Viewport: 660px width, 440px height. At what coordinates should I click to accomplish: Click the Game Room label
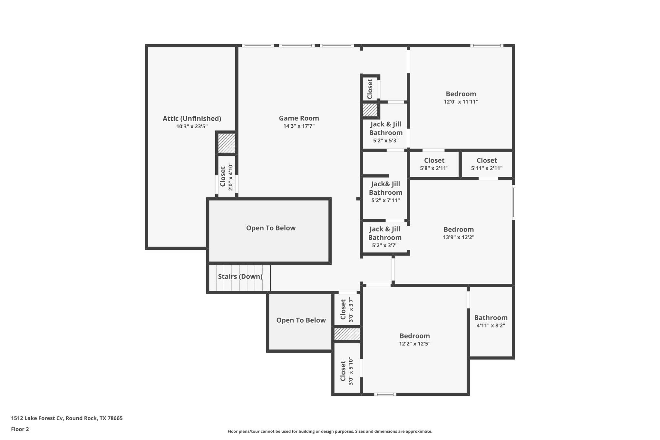pos(299,118)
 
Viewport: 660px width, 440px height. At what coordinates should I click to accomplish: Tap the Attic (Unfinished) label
pos(192,119)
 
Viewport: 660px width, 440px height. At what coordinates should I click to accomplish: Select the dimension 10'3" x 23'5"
pos(192,127)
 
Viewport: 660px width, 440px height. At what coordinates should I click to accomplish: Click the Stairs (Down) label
pos(240,277)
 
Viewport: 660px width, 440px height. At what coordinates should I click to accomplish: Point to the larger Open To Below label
pos(271,228)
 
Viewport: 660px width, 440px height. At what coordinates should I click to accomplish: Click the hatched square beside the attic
pos(227,143)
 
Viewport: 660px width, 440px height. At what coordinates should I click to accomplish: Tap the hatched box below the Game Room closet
pos(370,110)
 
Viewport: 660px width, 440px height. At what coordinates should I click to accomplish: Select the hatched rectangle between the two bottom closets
pos(347,334)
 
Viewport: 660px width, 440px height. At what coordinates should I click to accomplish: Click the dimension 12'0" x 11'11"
pos(461,102)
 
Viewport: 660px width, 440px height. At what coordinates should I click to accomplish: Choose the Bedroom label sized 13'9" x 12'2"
pos(459,230)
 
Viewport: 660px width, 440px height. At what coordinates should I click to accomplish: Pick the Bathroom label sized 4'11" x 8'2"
pos(490,318)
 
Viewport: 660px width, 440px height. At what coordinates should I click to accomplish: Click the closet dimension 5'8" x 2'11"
pos(434,168)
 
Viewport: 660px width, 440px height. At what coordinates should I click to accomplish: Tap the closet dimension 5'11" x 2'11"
pos(487,168)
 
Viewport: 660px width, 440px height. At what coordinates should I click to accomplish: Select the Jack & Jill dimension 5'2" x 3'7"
pos(385,246)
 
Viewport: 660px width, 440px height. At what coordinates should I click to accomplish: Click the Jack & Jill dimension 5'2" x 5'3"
pos(386,141)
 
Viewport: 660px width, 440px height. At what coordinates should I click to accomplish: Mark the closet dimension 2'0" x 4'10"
pos(231,177)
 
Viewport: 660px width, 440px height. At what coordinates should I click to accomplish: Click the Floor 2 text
pos(20,429)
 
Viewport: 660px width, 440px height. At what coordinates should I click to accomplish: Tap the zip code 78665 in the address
pos(115,418)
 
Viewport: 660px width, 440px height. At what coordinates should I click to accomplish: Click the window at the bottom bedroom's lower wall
pos(385,394)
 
